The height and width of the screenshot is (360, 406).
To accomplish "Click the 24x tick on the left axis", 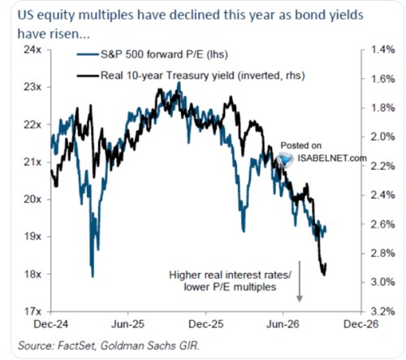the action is [32, 50].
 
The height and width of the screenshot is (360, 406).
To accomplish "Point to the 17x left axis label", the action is [32, 312].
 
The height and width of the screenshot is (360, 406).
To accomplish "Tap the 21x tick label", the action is [32, 163].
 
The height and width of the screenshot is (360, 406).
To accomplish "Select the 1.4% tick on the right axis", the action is [382, 50].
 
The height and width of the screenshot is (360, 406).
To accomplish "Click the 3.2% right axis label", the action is [382, 312].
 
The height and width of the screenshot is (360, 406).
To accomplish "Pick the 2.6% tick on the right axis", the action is [382, 224].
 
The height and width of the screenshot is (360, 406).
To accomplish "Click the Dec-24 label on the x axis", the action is [51, 324].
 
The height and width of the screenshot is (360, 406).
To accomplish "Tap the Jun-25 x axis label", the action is [127, 324].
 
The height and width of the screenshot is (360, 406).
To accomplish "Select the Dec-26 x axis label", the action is [361, 324].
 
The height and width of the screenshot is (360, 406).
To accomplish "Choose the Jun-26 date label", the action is [283, 324].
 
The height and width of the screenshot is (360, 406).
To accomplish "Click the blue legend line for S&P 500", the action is [88, 54].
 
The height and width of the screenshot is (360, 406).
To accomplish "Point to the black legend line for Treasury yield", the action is [88, 76].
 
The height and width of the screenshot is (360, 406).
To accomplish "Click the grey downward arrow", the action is [300, 281].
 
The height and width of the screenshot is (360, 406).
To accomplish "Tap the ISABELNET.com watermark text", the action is [332, 158].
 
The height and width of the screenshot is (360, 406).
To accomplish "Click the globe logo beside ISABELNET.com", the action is [285, 159].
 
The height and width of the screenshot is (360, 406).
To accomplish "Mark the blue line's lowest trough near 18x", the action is [93, 276].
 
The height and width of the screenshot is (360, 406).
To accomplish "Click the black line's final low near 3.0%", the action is [324, 275].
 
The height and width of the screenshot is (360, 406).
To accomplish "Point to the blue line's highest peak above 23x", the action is [179, 83].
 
